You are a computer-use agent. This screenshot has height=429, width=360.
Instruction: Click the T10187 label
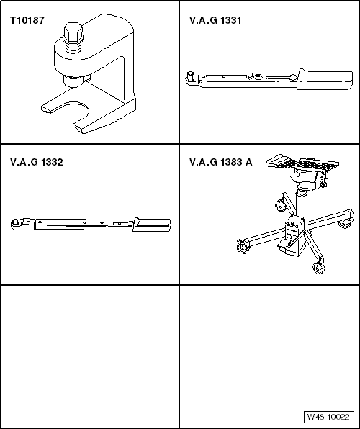click(27, 21)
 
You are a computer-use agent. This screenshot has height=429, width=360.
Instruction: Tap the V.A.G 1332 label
click(37, 163)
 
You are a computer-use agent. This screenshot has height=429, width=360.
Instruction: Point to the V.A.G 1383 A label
click(220, 163)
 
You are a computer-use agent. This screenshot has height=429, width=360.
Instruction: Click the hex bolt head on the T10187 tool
click(73, 34)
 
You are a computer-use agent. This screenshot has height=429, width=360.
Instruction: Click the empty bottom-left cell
click(90, 356)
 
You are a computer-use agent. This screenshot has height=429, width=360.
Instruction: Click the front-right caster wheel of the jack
click(318, 268)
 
